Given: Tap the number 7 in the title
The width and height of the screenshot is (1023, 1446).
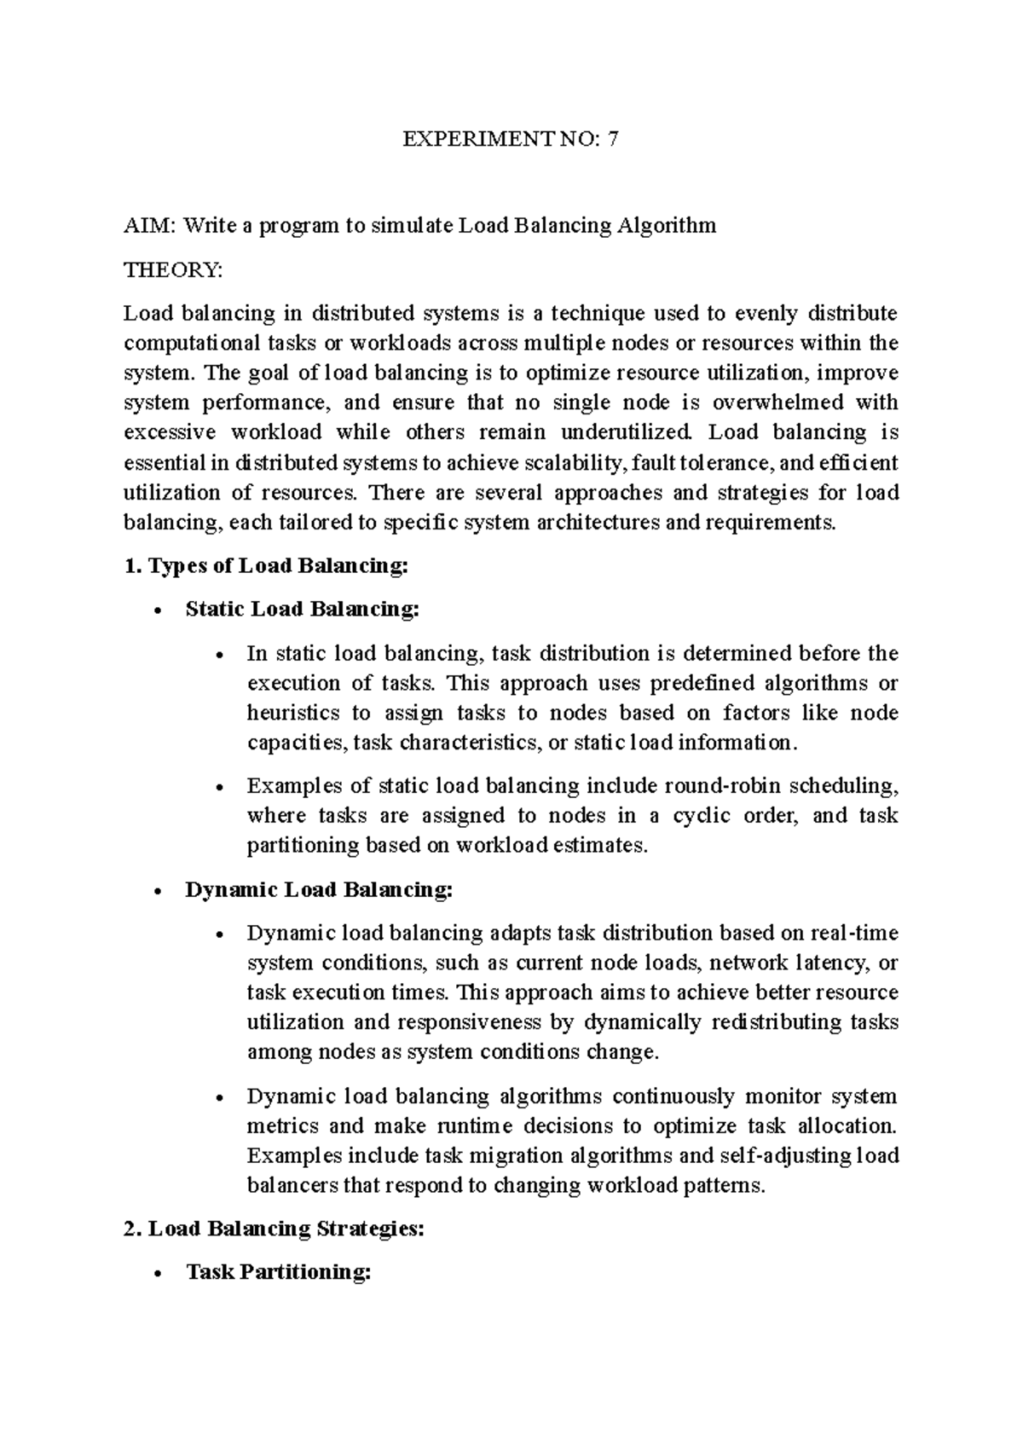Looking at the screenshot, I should [613, 139].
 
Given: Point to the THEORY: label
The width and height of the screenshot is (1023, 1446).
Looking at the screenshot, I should [173, 270].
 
